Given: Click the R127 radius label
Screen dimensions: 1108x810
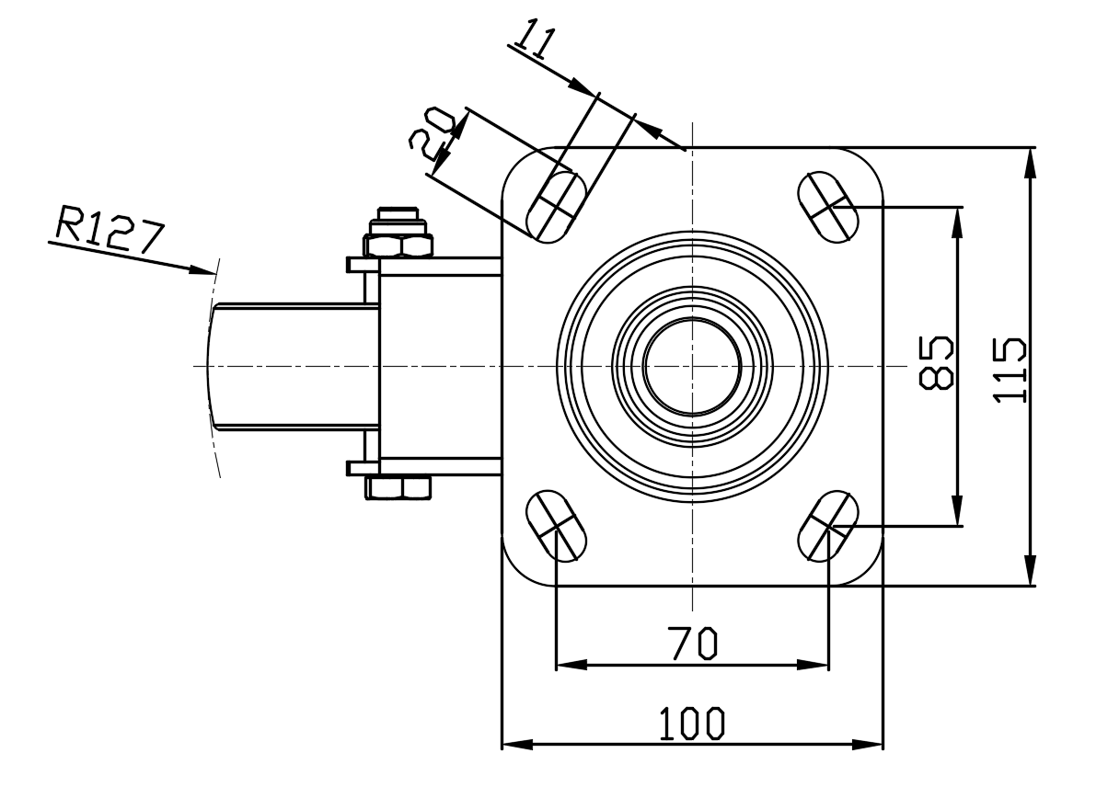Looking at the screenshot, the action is (x=109, y=229).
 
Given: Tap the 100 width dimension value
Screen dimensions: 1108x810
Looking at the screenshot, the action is (x=692, y=724).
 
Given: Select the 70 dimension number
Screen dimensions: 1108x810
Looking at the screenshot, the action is (x=692, y=644).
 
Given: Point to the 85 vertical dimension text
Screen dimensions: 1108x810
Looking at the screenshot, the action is (x=935, y=363).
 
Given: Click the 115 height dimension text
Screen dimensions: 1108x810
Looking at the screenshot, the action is (x=1010, y=371).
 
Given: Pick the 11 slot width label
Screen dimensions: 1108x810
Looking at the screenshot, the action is (x=535, y=39).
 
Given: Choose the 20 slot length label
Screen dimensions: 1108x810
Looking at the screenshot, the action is (x=432, y=133).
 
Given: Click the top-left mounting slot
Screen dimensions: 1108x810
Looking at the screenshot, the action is (x=556, y=206).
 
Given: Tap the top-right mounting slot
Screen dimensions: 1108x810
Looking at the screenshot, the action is (x=828, y=207).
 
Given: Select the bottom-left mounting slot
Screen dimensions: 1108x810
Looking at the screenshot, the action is (x=556, y=526).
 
